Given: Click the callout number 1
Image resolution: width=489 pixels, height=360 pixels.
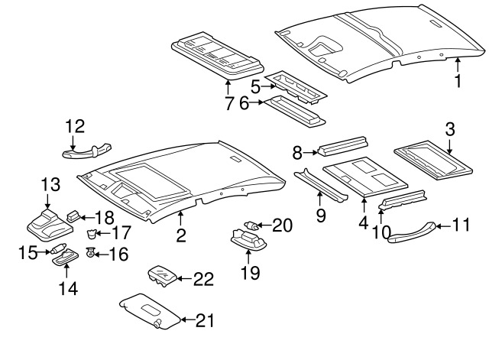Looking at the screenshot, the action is pos(458,81).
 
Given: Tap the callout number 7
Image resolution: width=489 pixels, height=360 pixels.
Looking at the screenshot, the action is pos(229,103).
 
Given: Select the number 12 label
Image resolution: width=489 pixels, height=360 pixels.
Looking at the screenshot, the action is pos(75,126).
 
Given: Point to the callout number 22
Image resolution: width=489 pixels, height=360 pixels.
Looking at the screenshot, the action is pos(204,279).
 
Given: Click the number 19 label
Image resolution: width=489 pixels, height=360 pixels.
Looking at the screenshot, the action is pos(251,273).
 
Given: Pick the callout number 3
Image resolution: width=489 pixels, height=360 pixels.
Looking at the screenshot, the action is pos(450,129).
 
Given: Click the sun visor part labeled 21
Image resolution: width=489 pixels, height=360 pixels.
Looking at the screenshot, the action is pos(151,311).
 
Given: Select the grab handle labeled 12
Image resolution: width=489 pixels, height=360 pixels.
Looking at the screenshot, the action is pos(87,151).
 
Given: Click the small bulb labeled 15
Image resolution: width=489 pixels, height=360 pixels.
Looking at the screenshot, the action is pos(58,248).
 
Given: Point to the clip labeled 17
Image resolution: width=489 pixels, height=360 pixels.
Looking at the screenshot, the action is pos(91,233).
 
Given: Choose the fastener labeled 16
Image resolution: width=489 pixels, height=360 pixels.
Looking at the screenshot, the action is pos(90,251).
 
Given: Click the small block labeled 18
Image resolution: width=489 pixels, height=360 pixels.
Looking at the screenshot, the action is pos(73,216).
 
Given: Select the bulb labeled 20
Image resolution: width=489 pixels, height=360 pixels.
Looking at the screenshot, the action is pos(251,225).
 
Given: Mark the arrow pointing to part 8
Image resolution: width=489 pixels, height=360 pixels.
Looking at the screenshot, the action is pos(310,153).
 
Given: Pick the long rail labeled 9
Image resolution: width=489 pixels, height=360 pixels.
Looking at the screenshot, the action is pos(321,186).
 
